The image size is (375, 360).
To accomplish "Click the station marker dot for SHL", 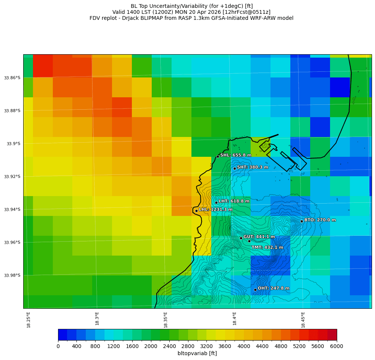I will pos(218,156).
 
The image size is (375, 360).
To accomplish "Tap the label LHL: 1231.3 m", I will pos(215,210).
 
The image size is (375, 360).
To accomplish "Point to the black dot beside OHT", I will pos(255,290).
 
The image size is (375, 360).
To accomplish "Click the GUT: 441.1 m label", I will pos(259,237).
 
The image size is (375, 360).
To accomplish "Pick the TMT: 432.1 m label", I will pos(267,247).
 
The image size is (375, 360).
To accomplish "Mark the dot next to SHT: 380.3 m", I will pos(235,168).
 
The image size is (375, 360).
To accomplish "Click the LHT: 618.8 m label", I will pos(234,201).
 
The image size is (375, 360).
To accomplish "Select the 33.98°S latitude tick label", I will pos(12,275).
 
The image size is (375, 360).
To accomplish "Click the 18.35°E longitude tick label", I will pos(166,320).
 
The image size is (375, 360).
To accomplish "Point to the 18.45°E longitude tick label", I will pos(303,320).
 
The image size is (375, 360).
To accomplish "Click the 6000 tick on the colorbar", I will pos(336,347).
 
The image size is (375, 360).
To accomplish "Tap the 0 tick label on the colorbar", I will pos(58,347).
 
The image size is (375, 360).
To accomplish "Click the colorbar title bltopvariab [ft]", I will pos(197,353).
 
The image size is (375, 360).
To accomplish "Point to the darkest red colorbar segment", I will pos(332,335).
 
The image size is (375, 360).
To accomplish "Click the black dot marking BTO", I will pos(302,221).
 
